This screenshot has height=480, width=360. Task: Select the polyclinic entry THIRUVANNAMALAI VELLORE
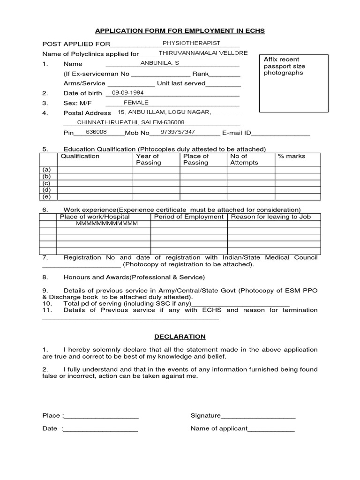click(203, 53)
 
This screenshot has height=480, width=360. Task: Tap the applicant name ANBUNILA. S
click(160, 62)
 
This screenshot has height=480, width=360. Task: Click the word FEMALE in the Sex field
click(136, 102)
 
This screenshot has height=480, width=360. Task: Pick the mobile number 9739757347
click(178, 132)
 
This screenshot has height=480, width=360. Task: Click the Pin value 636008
click(96, 132)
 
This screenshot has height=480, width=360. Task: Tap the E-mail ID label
click(237, 133)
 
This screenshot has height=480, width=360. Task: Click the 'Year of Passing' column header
click(148, 159)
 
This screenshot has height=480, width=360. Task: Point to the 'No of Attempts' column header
click(244, 159)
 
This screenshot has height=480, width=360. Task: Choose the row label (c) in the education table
click(46, 183)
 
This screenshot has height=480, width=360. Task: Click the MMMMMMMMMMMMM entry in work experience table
click(107, 224)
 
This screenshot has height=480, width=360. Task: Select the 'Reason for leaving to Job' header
click(271, 217)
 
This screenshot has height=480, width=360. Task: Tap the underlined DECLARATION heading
click(180, 337)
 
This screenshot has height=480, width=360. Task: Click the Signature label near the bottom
click(205, 415)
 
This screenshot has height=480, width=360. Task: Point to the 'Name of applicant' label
click(218, 428)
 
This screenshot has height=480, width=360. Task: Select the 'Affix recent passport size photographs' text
click(284, 66)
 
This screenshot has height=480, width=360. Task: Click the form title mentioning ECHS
click(180, 31)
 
